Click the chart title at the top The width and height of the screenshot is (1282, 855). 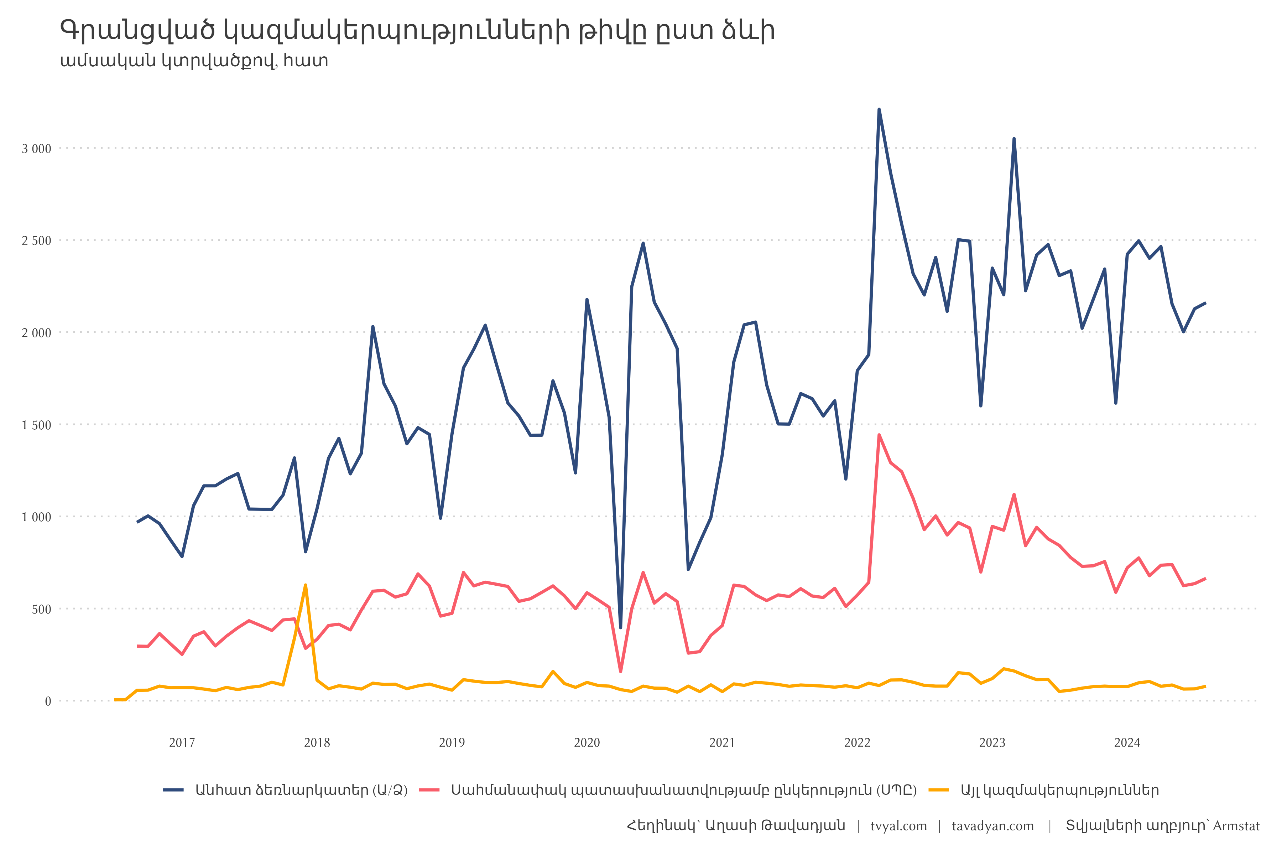pyautogui.click(x=417, y=31)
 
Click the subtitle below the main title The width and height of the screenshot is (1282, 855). pyautogui.click(x=194, y=61)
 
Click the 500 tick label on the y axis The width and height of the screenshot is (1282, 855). pyautogui.click(x=41, y=610)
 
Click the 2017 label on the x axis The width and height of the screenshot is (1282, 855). pyautogui.click(x=182, y=743)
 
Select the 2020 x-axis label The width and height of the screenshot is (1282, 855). pyautogui.click(x=587, y=743)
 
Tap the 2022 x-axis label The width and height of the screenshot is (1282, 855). pyautogui.click(x=858, y=743)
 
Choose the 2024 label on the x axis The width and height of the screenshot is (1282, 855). pyautogui.click(x=1127, y=743)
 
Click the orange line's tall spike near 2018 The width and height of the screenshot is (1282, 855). pyautogui.click(x=305, y=585)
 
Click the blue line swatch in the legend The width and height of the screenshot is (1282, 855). pyautogui.click(x=173, y=790)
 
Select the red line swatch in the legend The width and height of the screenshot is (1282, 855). pyautogui.click(x=429, y=790)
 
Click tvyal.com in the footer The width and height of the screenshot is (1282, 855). pyautogui.click(x=898, y=826)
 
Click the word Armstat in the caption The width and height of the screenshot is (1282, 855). pyautogui.click(x=1236, y=826)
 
